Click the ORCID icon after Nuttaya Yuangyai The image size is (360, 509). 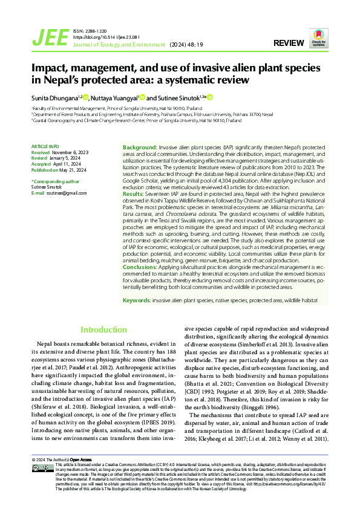pyautogui.click(x=142, y=97)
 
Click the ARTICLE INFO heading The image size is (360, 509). pyautogui.click(x=45, y=146)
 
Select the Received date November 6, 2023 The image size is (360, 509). pyautogui.click(x=70, y=153)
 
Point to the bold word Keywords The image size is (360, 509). pyautogui.click(x=137, y=300)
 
